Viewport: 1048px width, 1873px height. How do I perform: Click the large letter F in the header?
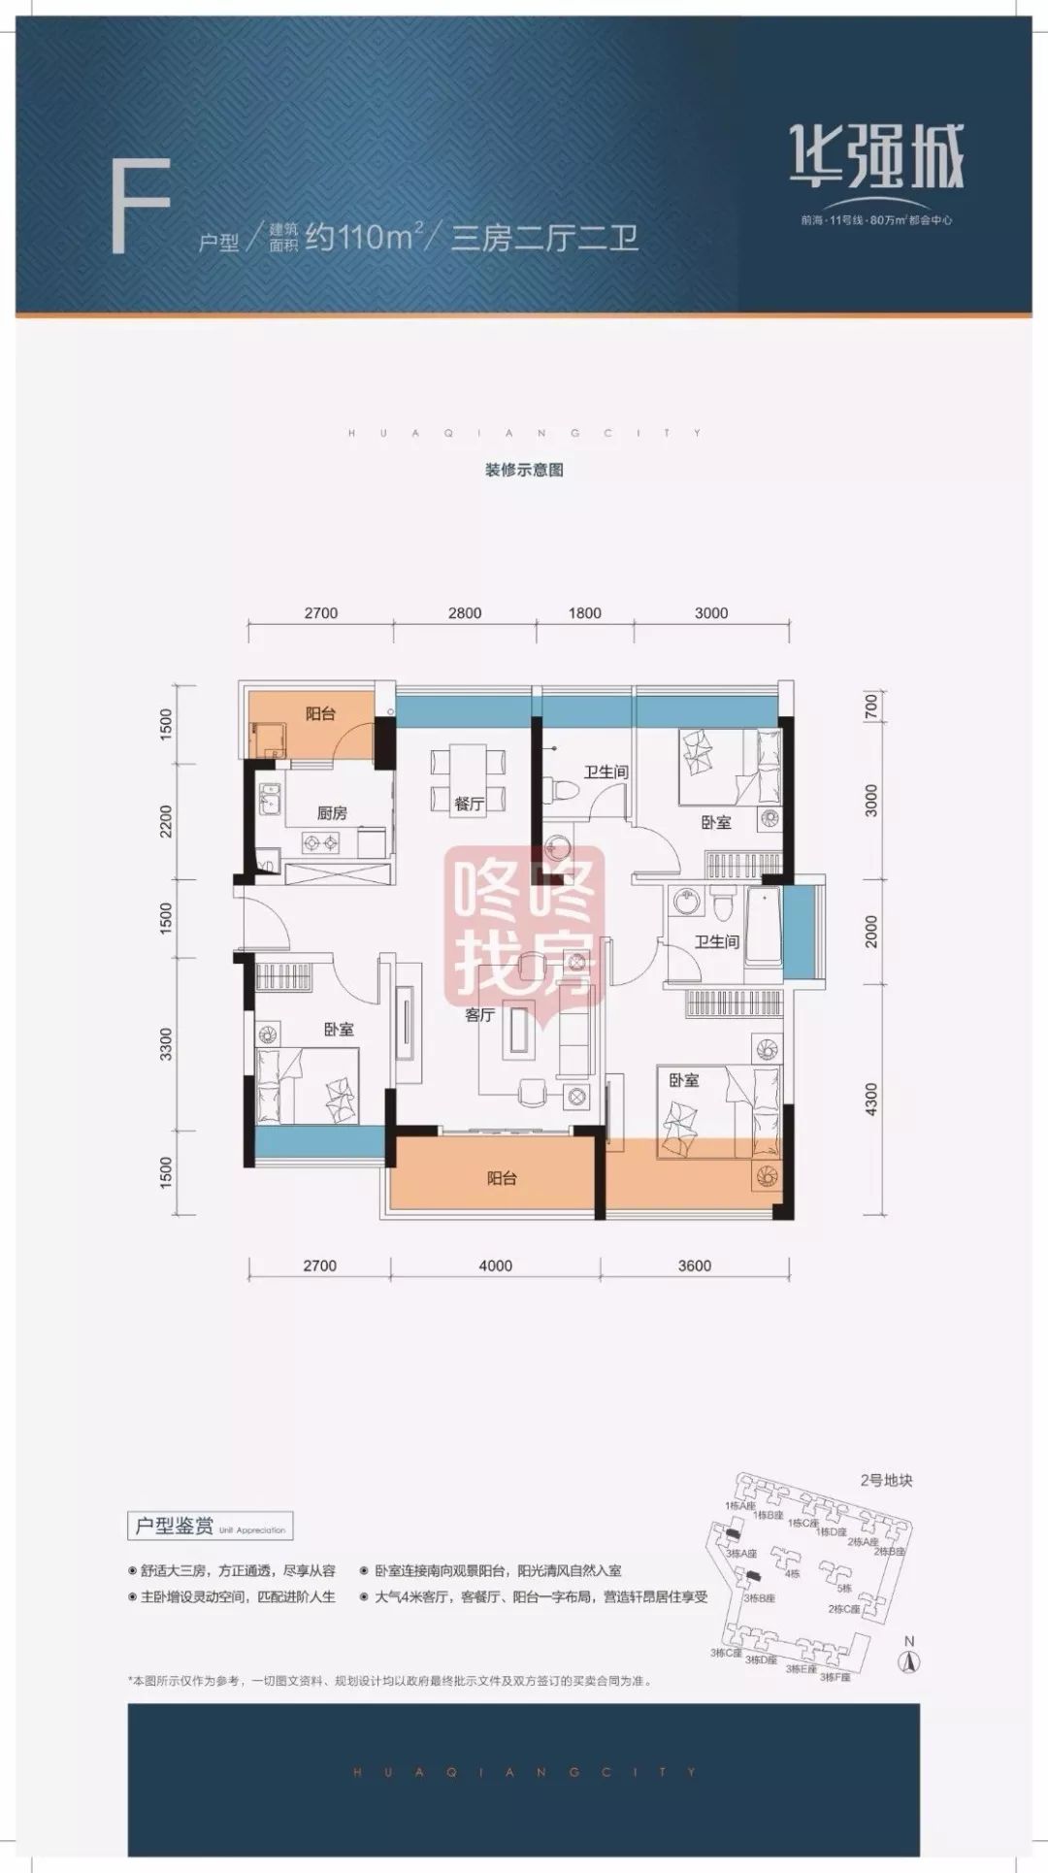[x=142, y=209]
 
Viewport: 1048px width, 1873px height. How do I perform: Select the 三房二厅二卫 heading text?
[x=544, y=237]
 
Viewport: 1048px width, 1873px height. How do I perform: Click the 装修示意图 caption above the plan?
[x=524, y=470]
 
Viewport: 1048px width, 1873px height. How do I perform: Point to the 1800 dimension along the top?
[x=585, y=613]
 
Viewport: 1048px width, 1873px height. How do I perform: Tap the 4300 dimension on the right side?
[x=870, y=1099]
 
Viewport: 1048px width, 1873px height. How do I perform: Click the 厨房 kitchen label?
[x=332, y=813]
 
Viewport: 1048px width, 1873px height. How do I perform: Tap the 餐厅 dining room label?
[x=469, y=804]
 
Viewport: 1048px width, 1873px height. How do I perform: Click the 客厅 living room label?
[x=479, y=1015]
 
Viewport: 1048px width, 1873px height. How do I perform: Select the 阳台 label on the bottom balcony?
[x=502, y=1178]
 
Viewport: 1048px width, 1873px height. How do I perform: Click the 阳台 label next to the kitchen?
[x=320, y=714]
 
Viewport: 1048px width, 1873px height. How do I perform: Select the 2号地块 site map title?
[x=885, y=1481]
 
